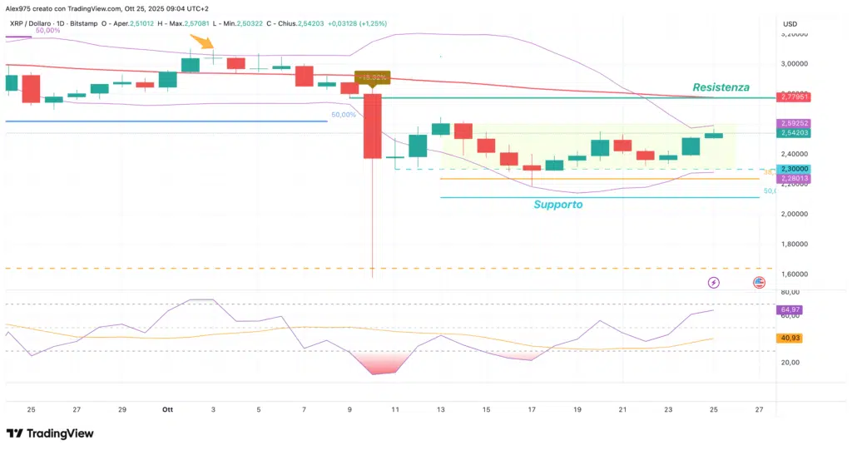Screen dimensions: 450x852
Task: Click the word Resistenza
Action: pos(721,87)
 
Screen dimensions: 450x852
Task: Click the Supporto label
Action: pos(557,204)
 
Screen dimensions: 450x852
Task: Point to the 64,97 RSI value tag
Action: pos(789,310)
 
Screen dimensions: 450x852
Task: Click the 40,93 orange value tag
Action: pos(789,339)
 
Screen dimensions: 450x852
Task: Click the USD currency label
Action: pos(790,23)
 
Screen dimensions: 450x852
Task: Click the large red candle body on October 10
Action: pos(371,126)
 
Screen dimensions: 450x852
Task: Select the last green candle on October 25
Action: pos(713,135)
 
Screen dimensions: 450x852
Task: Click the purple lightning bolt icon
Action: pos(714,283)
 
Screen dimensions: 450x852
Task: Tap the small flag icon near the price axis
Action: pos(759,283)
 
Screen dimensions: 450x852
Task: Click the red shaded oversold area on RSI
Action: pos(384,363)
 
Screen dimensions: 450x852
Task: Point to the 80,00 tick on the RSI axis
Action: pos(790,292)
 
